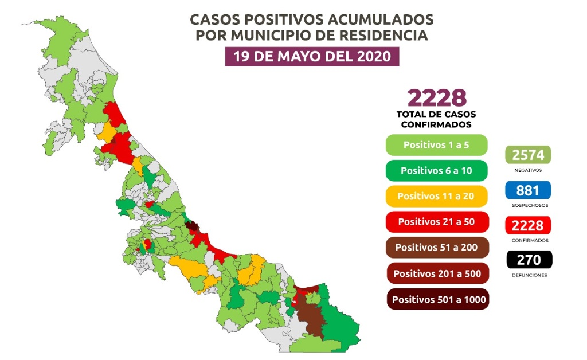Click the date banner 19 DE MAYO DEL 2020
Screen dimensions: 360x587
[x=312, y=57]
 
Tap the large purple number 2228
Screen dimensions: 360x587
[x=436, y=98]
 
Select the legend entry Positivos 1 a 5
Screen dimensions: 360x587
[x=436, y=145]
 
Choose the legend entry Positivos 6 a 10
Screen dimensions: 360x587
[x=436, y=170]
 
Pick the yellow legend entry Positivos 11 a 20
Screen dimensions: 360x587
[x=436, y=196]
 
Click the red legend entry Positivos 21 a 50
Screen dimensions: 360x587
[x=436, y=221]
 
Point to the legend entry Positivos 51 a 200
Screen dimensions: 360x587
[x=436, y=247]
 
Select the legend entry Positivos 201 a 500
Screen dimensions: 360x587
[x=436, y=273]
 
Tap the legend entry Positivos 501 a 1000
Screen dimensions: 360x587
[x=436, y=299]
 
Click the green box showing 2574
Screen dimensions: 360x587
[x=527, y=155]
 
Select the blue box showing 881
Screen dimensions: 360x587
[x=527, y=190]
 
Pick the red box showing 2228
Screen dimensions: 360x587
[x=527, y=225]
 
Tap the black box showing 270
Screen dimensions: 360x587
[x=527, y=260]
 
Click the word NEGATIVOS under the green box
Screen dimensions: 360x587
[x=528, y=170]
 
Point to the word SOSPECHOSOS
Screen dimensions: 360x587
[x=528, y=205]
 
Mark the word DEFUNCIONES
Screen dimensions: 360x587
[x=528, y=276]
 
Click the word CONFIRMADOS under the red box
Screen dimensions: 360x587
[x=528, y=241]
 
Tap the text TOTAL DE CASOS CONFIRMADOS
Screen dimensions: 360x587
[x=436, y=119]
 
